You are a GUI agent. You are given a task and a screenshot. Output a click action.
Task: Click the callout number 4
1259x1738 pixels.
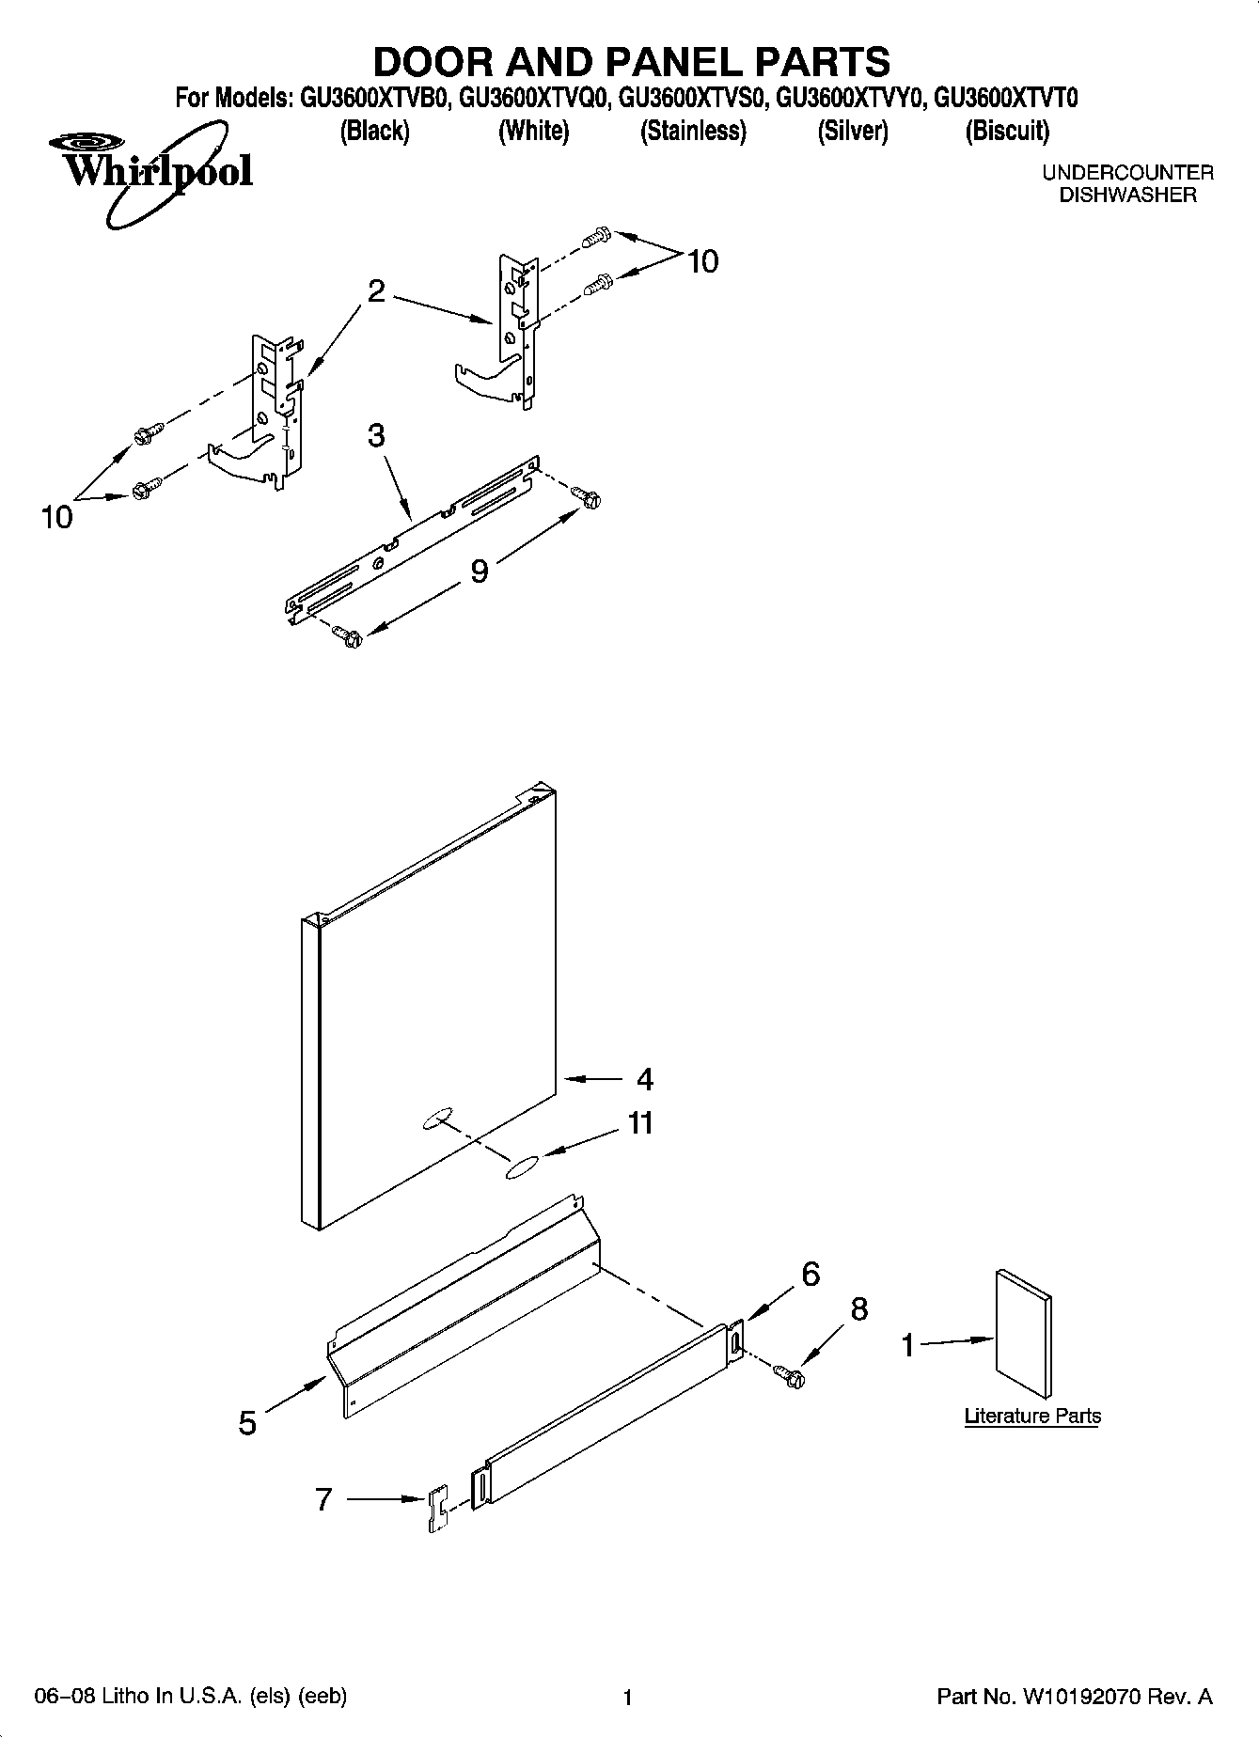click(x=644, y=1079)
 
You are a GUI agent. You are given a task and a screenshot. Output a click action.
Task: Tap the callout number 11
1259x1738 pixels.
click(x=640, y=1123)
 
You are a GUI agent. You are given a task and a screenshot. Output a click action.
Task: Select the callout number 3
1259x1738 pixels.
click(x=376, y=436)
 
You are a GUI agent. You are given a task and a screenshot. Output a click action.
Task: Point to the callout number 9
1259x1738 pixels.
click(x=480, y=571)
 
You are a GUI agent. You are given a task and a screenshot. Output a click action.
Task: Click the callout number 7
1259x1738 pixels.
click(x=323, y=1498)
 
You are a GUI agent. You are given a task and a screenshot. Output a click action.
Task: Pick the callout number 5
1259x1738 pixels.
click(x=247, y=1423)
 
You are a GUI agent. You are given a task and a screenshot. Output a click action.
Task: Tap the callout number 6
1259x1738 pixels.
click(x=810, y=1274)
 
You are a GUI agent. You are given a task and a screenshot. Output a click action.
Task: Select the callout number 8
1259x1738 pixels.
click(x=859, y=1309)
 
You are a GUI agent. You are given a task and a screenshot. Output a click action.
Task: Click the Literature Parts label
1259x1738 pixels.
click(x=1032, y=1416)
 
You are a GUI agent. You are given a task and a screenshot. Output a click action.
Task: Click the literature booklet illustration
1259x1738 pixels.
click(x=1023, y=1333)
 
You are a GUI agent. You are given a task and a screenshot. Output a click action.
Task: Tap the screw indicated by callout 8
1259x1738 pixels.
click(x=789, y=1375)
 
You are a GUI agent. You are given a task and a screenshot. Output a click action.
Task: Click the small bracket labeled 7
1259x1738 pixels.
click(x=438, y=1510)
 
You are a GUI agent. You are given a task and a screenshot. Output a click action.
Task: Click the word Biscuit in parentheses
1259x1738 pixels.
click(x=1007, y=131)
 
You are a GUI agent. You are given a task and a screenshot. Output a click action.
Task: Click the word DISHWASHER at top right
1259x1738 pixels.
click(x=1127, y=196)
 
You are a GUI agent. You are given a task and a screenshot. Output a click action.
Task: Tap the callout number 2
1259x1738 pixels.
click(x=376, y=291)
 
